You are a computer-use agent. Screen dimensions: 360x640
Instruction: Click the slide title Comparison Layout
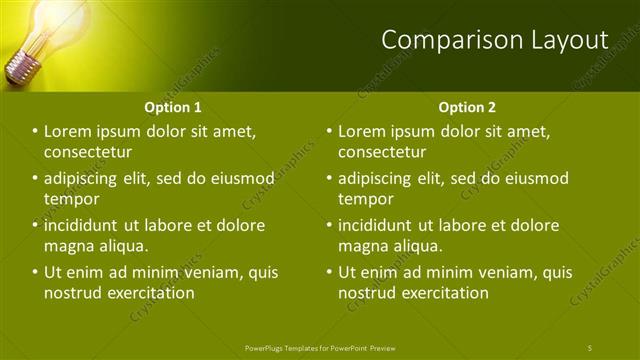[x=494, y=40]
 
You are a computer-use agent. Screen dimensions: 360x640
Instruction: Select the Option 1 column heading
[x=172, y=107]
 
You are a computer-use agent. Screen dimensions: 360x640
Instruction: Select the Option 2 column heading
[x=466, y=107]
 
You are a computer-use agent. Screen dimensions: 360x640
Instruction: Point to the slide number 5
[x=590, y=347]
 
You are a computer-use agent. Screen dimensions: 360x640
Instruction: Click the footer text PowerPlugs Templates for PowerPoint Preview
[x=320, y=347]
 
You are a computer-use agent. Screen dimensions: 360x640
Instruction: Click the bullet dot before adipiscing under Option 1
[x=35, y=179]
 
